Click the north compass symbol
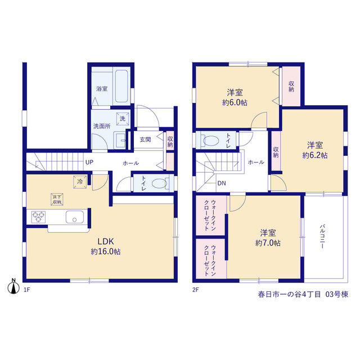tap(13, 286)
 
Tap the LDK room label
tap(106, 241)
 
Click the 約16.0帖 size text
tap(106, 251)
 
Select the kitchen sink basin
tap(75, 217)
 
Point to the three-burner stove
tap(38, 217)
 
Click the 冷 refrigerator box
tap(80, 182)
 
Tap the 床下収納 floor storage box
tap(57, 199)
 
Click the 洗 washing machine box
tap(123, 119)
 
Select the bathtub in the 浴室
tap(121, 86)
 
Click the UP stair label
tap(89, 163)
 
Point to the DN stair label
tap(222, 183)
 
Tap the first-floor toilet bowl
tap(160, 183)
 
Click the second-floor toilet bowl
tap(210, 141)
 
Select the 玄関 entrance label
tap(145, 139)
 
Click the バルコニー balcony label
tap(322, 236)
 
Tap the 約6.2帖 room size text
tap(315, 155)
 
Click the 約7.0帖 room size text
tap(268, 243)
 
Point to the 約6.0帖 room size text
tap(235, 102)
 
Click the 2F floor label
tap(195, 290)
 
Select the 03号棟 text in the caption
tap(337, 294)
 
